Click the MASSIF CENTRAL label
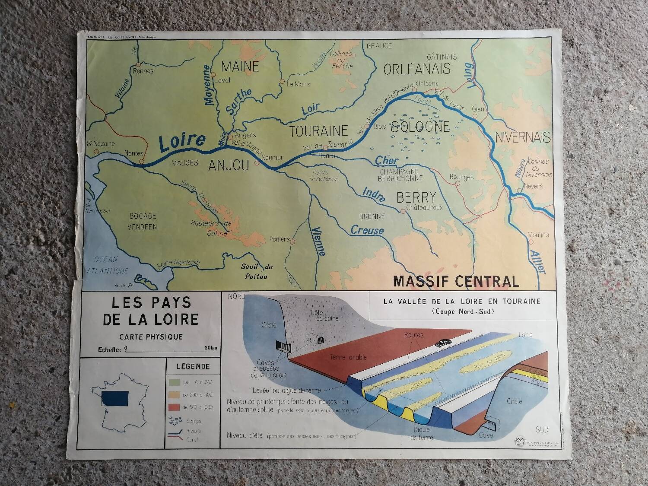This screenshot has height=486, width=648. coord(456,281)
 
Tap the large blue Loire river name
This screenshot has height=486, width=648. coord(181,143)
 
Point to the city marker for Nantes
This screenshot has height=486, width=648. coord(141,162)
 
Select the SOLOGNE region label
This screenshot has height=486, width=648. coord(420,127)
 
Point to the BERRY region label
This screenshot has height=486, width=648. coord(416,197)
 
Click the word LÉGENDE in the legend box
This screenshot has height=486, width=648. coord(193,367)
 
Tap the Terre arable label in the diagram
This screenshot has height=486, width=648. coord(348,357)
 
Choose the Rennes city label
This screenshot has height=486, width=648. coord(143,70)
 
